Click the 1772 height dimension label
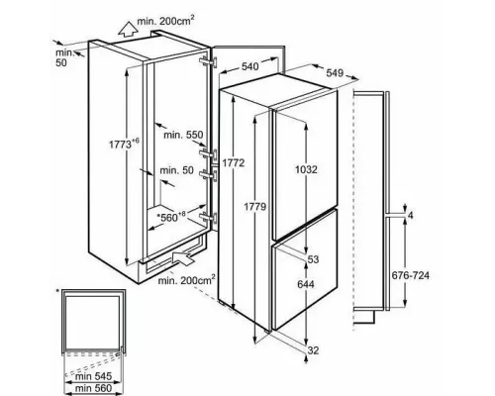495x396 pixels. pyautogui.click(x=233, y=162)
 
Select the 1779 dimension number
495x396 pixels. pyautogui.click(x=254, y=207)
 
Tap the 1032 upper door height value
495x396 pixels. pyautogui.click(x=306, y=169)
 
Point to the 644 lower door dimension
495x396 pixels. pyautogui.click(x=306, y=284)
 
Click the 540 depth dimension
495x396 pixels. pyautogui.click(x=249, y=66)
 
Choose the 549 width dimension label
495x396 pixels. pyautogui.click(x=335, y=72)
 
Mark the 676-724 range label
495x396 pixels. pyautogui.click(x=410, y=275)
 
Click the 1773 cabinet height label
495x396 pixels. pyautogui.click(x=124, y=145)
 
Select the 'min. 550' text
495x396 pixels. pyautogui.click(x=183, y=135)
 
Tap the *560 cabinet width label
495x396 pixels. pyautogui.click(x=171, y=217)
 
